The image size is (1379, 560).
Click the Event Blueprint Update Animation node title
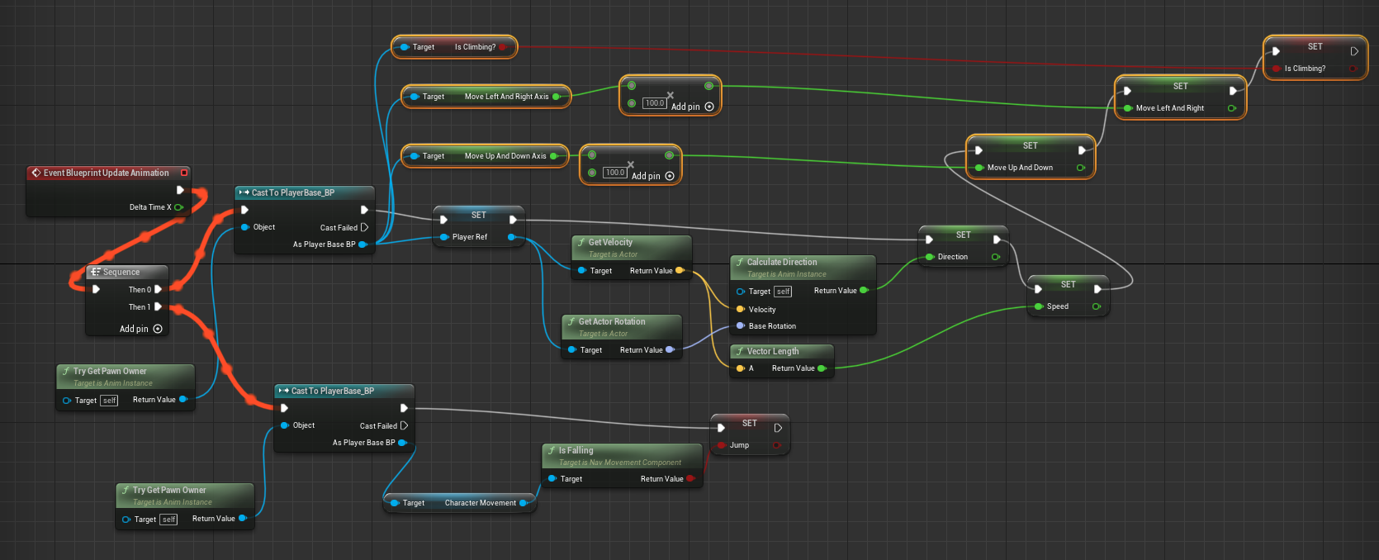106,173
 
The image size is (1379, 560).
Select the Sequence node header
121,272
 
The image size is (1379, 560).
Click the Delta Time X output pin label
150,207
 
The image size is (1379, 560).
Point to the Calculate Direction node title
782,262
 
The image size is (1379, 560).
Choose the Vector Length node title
773,351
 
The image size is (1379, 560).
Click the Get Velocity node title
610,242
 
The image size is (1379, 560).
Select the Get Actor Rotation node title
612,321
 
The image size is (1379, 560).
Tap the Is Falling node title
576,450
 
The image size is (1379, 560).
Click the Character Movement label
480,503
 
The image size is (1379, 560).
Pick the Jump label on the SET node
739,445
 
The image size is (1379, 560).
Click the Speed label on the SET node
1057,306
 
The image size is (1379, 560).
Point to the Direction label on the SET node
952,257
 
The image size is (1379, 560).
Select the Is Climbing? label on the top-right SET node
1305,69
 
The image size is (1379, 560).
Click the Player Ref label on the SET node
469,237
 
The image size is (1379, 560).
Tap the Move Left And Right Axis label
506,97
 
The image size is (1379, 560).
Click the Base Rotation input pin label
772,326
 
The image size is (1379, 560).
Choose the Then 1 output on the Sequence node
140,307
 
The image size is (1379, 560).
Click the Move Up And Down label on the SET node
1020,168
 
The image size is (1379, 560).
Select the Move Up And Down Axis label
505,156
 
